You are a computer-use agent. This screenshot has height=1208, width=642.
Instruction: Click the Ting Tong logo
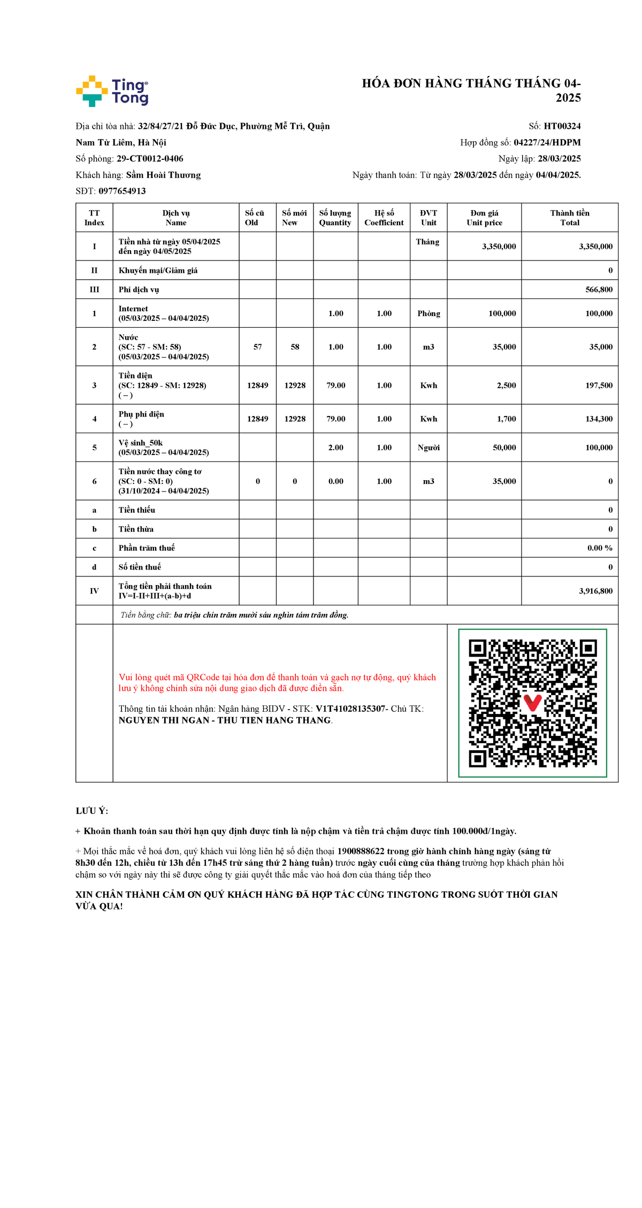point(112,91)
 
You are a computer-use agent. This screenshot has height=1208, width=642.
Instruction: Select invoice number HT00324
point(562,126)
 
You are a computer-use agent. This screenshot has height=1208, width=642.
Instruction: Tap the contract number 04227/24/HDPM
point(547,142)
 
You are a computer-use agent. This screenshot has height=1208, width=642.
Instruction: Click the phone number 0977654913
point(122,191)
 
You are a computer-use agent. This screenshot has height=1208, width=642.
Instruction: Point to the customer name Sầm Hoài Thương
point(163,175)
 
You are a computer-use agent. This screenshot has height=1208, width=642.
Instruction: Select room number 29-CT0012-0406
point(150,159)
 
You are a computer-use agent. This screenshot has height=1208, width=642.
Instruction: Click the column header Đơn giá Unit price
point(484,218)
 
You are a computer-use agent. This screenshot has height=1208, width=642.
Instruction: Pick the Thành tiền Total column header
point(569,218)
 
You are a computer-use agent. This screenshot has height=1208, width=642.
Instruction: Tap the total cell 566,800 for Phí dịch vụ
point(599,289)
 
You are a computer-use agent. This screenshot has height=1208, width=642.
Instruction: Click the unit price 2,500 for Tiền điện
point(506,385)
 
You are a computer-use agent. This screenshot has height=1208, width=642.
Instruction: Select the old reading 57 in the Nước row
point(257,347)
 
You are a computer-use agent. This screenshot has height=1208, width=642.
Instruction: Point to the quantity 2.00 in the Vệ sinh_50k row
point(335,448)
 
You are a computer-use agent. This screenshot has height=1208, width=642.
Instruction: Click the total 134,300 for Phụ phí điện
point(599,419)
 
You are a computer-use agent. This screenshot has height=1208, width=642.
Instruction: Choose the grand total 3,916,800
point(595,591)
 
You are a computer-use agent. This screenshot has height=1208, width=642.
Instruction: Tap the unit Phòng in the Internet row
point(429,313)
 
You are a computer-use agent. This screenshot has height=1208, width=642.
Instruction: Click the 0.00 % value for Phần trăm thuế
point(599,548)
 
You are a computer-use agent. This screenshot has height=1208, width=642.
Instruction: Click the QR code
point(532,703)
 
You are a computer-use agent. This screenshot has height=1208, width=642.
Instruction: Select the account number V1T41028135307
point(350,709)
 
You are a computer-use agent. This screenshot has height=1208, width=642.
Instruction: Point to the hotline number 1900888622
point(361,851)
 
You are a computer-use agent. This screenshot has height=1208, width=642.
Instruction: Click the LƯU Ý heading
point(92,811)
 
